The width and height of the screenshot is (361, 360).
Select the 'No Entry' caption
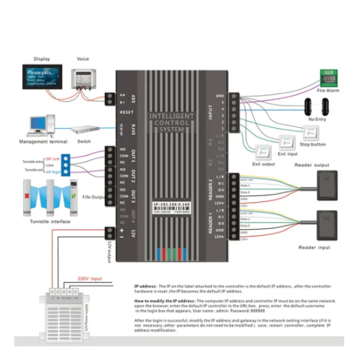(x=317, y=118)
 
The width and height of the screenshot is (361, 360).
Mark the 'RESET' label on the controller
(x=126, y=112)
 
